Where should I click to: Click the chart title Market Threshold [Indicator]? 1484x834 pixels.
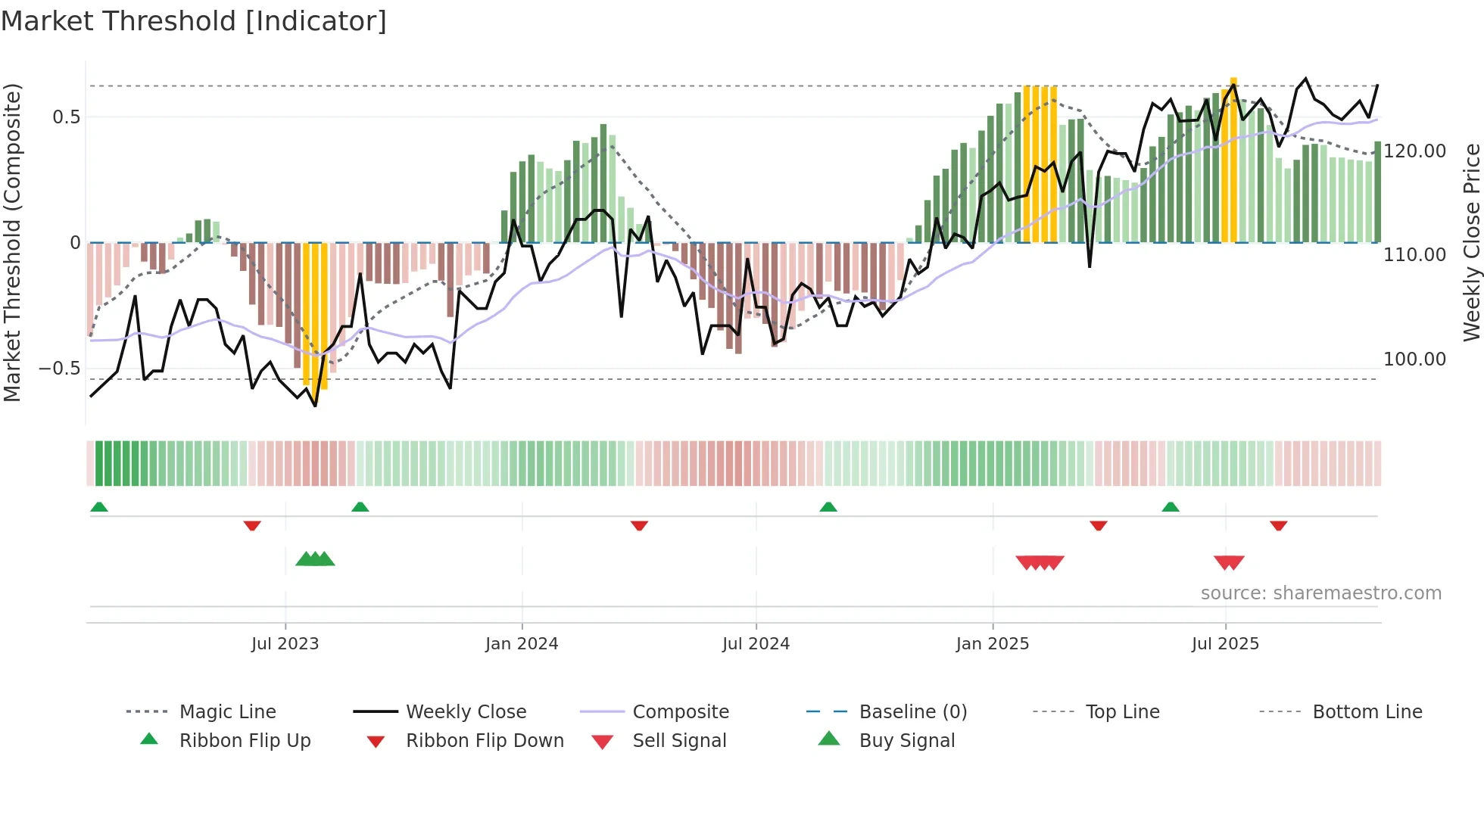click(x=194, y=21)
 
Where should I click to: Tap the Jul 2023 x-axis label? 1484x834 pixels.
click(x=285, y=644)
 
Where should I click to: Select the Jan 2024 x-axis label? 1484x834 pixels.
click(x=522, y=644)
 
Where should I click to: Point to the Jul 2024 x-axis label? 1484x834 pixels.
click(x=756, y=644)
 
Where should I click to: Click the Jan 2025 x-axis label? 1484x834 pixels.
click(x=993, y=644)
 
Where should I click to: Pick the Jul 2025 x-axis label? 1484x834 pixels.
click(x=1225, y=644)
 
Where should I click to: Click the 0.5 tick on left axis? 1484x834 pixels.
click(x=66, y=117)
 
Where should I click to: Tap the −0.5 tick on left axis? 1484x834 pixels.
click(x=59, y=369)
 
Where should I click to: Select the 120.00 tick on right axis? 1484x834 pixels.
click(x=1414, y=151)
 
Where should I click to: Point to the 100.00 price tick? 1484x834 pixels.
click(x=1414, y=359)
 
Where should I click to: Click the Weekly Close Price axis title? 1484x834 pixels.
click(x=1471, y=242)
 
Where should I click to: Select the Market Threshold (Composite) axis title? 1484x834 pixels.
click(x=12, y=242)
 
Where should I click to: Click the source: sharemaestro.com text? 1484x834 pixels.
click(x=1320, y=593)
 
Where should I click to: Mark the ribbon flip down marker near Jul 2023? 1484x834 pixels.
click(x=252, y=525)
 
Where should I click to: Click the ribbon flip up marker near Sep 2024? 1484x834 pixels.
click(x=828, y=507)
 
